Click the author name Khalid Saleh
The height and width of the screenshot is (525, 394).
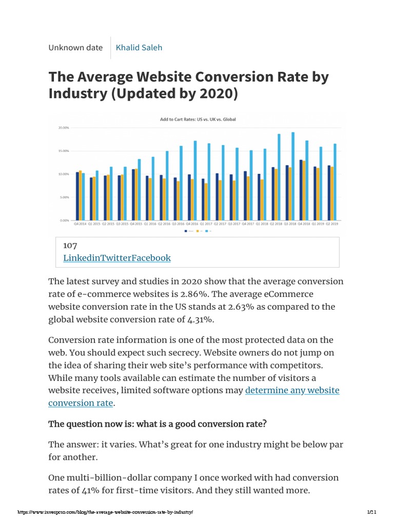pyautogui.click(x=139, y=48)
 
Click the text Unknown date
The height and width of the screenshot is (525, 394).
pyautogui.click(x=75, y=48)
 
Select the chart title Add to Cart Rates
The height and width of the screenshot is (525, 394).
pyautogui.click(x=198, y=119)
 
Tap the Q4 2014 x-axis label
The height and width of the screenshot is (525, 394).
pyautogui.click(x=80, y=224)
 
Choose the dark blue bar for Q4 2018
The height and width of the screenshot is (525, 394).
pyautogui.click(x=301, y=190)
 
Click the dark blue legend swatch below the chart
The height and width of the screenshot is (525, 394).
pyautogui.click(x=186, y=231)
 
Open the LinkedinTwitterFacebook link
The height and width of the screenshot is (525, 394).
pyautogui.click(x=117, y=258)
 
